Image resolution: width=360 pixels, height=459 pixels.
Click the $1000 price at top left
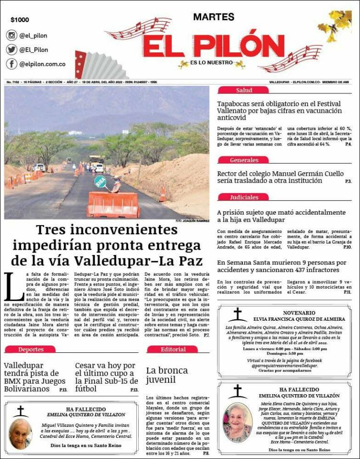20,20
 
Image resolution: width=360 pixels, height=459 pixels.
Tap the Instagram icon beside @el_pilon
12,35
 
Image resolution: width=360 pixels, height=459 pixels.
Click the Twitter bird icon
12,49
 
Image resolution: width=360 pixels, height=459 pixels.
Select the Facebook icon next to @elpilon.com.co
12,64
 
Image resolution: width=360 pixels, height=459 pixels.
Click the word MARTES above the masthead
214,17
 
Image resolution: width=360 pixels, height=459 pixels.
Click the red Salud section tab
244,90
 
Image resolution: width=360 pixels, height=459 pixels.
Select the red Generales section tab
244,160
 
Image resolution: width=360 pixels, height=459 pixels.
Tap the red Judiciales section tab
244,197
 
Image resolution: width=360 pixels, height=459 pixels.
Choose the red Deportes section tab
31,350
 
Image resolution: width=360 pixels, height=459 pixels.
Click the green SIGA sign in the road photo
100,181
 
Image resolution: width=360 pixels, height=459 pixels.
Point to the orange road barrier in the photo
113,205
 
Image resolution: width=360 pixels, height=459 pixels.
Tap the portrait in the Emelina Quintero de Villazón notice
238,423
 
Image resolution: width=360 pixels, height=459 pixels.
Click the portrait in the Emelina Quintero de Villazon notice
20,433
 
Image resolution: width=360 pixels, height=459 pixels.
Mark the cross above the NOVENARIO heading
238,314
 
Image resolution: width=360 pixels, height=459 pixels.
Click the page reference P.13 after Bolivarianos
63,389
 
